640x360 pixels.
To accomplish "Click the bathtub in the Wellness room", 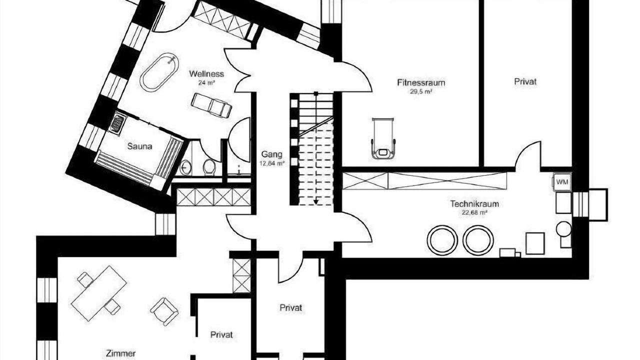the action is tap(159, 72).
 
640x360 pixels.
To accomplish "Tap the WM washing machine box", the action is tap(562, 181).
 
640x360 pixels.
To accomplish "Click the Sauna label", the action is tap(139, 146).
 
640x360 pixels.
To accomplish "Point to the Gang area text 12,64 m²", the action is tap(272, 163).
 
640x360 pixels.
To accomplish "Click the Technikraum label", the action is tap(474, 204).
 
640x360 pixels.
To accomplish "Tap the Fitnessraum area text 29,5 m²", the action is tap(421, 91).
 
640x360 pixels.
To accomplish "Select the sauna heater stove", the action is tap(117, 123).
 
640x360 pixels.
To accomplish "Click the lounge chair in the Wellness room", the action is tap(211, 105).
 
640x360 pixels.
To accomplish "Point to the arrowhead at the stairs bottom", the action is tap(315, 202).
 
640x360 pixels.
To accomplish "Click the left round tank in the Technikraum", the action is tap(442, 240).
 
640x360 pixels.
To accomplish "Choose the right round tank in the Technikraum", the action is tap(478, 240).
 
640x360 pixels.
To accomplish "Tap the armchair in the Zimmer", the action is tap(164, 311).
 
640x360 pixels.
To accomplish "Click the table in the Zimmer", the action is tap(98, 293).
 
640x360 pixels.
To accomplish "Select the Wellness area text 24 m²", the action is tap(206, 83).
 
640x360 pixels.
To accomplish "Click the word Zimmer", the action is tap(121, 353).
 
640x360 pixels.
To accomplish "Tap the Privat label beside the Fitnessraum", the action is tap(525, 81).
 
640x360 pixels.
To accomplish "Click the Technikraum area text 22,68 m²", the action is tap(474, 213).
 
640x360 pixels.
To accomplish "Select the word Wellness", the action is tap(206, 74).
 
